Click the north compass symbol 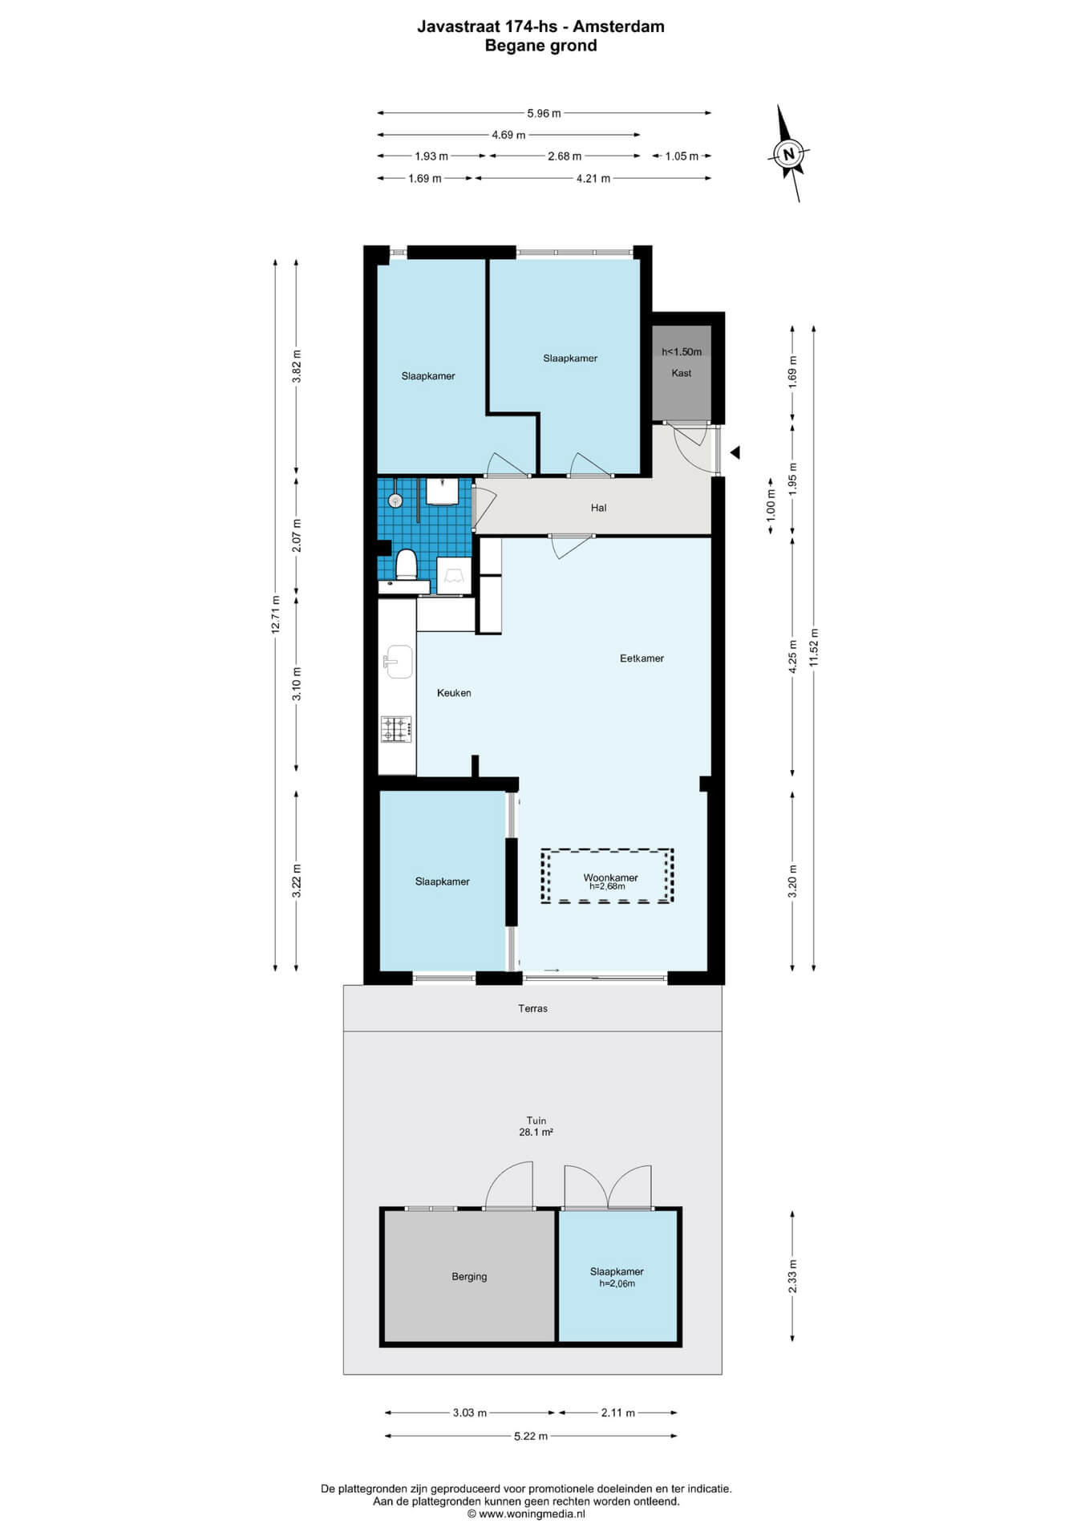789,153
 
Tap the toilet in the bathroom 407,563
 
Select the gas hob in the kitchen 396,729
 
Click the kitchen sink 398,662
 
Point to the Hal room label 598,508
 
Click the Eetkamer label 642,659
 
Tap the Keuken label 454,693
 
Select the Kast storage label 682,373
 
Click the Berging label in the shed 469,1277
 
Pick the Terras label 532,1008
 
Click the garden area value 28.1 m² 536,1133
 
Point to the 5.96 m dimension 544,113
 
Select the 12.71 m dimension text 275,615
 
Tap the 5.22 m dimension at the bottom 531,1436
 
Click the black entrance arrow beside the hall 735,452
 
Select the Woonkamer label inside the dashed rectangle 610,877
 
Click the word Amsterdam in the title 618,26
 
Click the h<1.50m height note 682,352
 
